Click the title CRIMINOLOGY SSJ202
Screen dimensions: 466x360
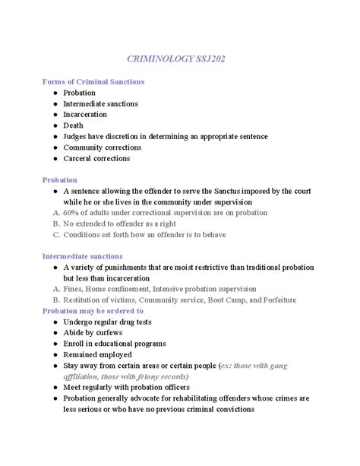[x=180, y=58]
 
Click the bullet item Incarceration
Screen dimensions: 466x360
[x=85, y=114]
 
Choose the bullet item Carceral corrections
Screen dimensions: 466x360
[x=96, y=158]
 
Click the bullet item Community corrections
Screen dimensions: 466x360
[x=102, y=147]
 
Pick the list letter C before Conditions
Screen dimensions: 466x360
[x=55, y=235]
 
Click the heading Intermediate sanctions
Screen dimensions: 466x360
[x=82, y=257]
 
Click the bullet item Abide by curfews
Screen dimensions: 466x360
[x=94, y=333]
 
